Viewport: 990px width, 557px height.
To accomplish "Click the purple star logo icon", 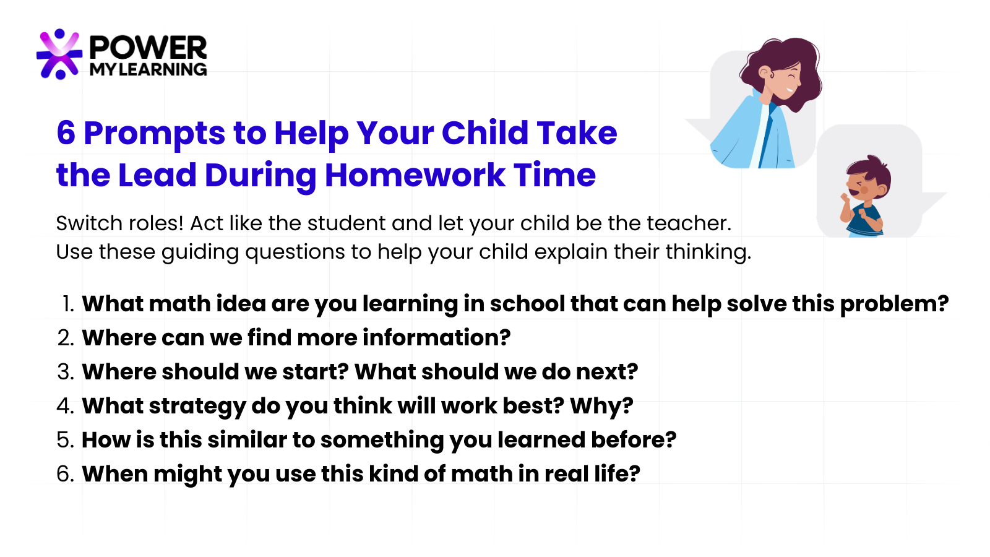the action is click(59, 54).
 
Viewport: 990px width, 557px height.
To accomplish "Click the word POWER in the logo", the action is click(148, 48).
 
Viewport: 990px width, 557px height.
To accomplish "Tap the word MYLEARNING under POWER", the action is click(148, 69).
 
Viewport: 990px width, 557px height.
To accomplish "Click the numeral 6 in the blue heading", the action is click(66, 133).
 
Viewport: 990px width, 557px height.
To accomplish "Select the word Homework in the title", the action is click(415, 175).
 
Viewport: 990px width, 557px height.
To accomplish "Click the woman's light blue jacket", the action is click(751, 132).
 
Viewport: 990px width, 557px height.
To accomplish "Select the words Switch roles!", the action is click(119, 223).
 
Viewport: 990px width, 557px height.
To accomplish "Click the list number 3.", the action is click(66, 372).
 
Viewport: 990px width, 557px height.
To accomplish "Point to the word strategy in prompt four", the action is click(197, 406).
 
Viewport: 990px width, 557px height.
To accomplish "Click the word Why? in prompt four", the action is click(601, 406).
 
